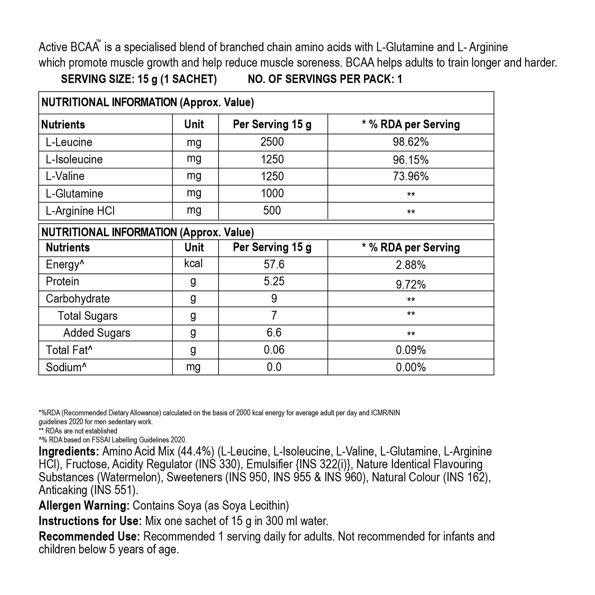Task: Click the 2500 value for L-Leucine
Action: pyautogui.click(x=272, y=142)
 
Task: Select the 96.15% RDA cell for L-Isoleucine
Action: pyautogui.click(x=411, y=160)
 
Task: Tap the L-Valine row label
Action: pyautogui.click(x=65, y=176)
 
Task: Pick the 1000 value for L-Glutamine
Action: pyautogui.click(x=272, y=193)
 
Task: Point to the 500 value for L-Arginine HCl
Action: pyautogui.click(x=272, y=211)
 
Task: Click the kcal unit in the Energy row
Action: pyautogui.click(x=193, y=263)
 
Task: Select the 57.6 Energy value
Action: pyautogui.click(x=274, y=264)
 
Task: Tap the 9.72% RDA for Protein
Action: pyautogui.click(x=411, y=284)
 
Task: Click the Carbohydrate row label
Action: pyautogui.click(x=78, y=299)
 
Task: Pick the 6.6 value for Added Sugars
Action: pyautogui.click(x=274, y=333)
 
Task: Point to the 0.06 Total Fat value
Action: pyautogui.click(x=274, y=350)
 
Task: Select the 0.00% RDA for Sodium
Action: pyautogui.click(x=411, y=367)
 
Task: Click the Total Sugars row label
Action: pyautogui.click(x=88, y=316)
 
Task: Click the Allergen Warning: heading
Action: pyautogui.click(x=84, y=505)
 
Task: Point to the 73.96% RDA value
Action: pyautogui.click(x=411, y=176)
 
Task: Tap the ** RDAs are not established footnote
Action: pyautogui.click(x=78, y=431)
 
